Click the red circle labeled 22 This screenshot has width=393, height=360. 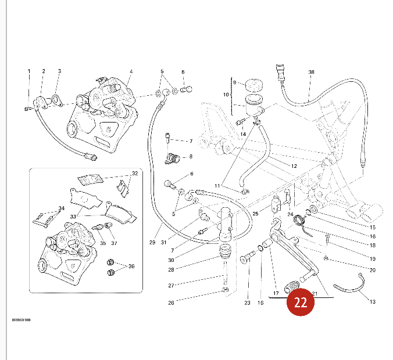pyautogui.click(x=301, y=302)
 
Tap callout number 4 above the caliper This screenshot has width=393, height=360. pyautogui.click(x=131, y=71)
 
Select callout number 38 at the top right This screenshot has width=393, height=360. pyautogui.click(x=311, y=73)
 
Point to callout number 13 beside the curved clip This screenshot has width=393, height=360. pyautogui.click(x=372, y=301)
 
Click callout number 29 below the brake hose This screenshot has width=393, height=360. pyautogui.click(x=152, y=242)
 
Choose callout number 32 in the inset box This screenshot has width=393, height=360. pyautogui.click(x=135, y=174)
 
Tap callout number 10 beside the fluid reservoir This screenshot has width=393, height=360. pyautogui.click(x=226, y=95)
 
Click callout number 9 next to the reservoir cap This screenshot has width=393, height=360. pyautogui.click(x=234, y=82)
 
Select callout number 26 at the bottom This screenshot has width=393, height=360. pyautogui.click(x=172, y=303)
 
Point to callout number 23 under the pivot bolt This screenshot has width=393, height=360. pyautogui.click(x=247, y=303)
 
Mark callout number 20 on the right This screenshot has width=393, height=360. pyautogui.click(x=373, y=270)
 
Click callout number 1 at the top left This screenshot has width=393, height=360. pyautogui.click(x=28, y=71)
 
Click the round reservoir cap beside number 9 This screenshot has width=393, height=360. pyautogui.click(x=253, y=84)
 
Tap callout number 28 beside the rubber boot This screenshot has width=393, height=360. pyautogui.click(x=172, y=269)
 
